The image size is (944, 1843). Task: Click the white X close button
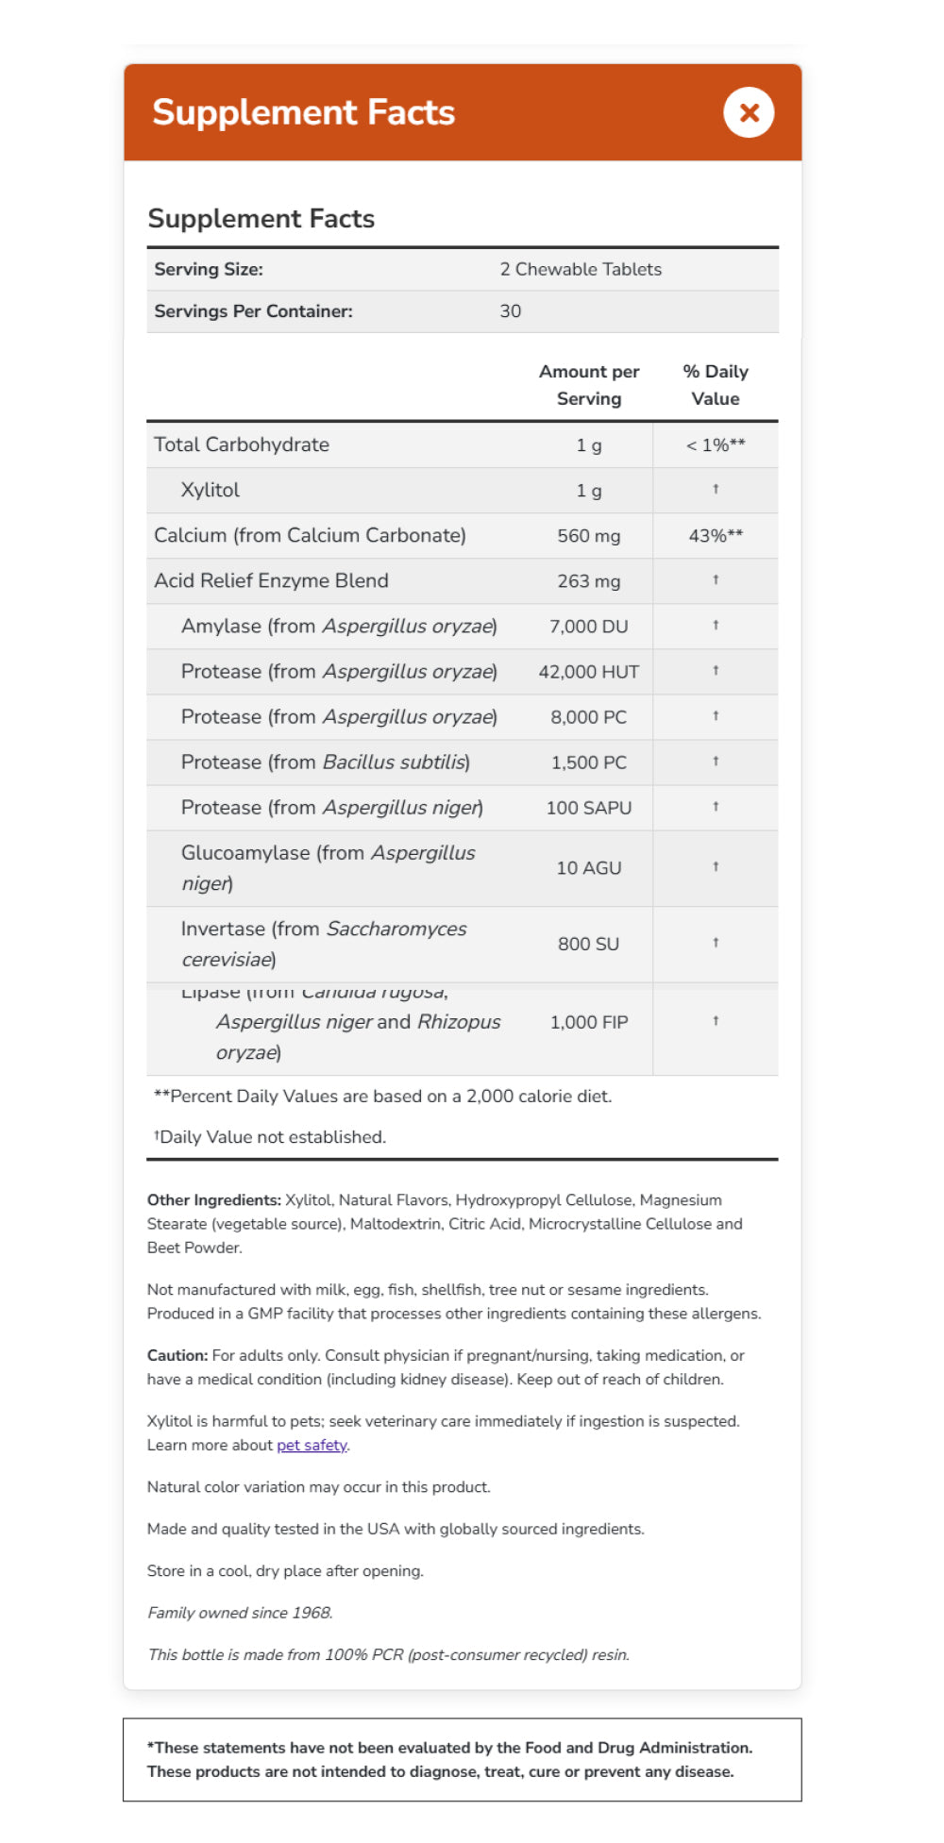tap(749, 112)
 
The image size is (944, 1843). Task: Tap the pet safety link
tap(312, 1445)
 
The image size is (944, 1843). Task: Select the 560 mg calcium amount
tap(588, 536)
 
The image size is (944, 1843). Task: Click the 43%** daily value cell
tap(716, 536)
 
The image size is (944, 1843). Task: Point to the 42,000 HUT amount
tap(588, 672)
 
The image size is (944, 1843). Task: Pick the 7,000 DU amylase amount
tap(588, 627)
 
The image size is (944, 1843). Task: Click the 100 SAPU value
tap(588, 808)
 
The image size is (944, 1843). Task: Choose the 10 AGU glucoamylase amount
tap(588, 868)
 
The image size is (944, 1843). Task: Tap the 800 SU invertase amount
tap(588, 944)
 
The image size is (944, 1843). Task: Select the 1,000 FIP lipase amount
tap(588, 1022)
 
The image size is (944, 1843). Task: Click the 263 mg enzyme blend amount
tap(588, 581)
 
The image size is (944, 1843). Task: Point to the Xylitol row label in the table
tap(210, 491)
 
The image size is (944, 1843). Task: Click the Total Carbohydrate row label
tap(242, 444)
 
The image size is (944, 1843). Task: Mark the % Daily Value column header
tap(716, 385)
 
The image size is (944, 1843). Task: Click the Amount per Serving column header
tap(588, 385)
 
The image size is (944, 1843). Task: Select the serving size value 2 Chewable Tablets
tap(581, 269)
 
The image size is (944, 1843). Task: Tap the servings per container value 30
tap(510, 311)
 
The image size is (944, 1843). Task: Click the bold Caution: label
tap(177, 1355)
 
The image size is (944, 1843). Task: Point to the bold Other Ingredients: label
tap(214, 1200)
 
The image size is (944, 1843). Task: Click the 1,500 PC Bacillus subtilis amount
tap(588, 762)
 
